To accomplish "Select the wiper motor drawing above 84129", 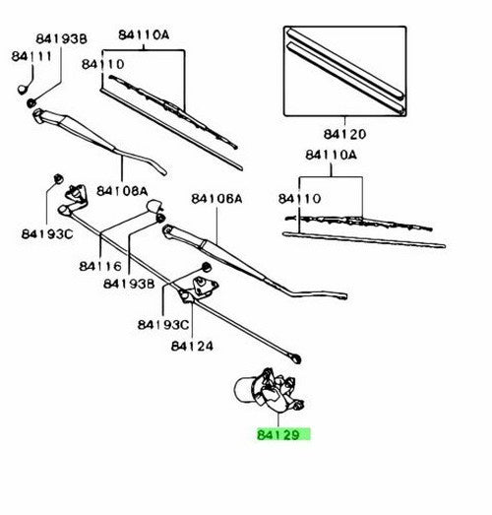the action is pyautogui.click(x=270, y=391).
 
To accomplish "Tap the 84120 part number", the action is pyautogui.click(x=344, y=134).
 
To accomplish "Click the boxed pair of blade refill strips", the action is pyautogui.click(x=344, y=71).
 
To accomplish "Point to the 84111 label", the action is pyautogui.click(x=31, y=56).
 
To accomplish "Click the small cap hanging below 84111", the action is pyautogui.click(x=23, y=90).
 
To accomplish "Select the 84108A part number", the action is pyautogui.click(x=122, y=191).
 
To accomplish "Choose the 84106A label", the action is pyautogui.click(x=216, y=198).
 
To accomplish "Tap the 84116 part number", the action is pyautogui.click(x=100, y=266).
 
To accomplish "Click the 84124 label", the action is pyautogui.click(x=192, y=346).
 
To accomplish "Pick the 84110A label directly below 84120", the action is pyautogui.click(x=331, y=155).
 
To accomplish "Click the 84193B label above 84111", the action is pyautogui.click(x=61, y=38).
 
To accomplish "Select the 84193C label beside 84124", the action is pyautogui.click(x=163, y=325).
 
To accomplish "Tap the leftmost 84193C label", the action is pyautogui.click(x=47, y=234).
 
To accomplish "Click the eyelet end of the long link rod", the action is pyautogui.click(x=296, y=358).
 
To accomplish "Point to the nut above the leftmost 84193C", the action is pyautogui.click(x=58, y=178).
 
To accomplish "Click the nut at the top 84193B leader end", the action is pyautogui.click(x=31, y=102).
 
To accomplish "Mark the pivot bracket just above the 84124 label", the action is pyautogui.click(x=199, y=290).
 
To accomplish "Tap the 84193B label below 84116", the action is pyautogui.click(x=129, y=284).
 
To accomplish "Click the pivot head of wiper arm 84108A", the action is pyautogui.click(x=39, y=115).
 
